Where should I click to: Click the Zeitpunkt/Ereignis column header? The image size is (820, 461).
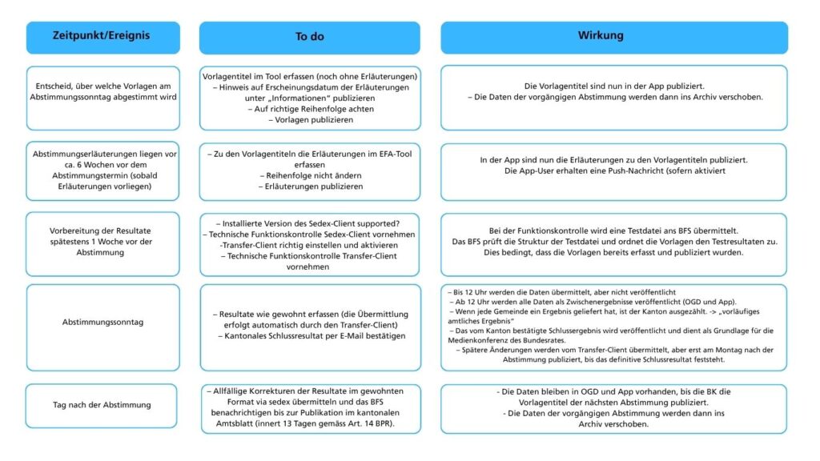(101, 36)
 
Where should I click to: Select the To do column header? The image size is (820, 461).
(309, 37)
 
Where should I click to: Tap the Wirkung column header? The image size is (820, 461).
(613, 36)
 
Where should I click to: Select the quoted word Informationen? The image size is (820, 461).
(292, 98)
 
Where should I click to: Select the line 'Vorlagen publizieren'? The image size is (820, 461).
(310, 119)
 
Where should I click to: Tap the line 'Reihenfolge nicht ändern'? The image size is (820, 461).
(310, 175)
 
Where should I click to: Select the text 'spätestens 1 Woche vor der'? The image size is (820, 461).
(101, 241)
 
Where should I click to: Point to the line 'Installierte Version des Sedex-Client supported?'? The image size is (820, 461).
(310, 222)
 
